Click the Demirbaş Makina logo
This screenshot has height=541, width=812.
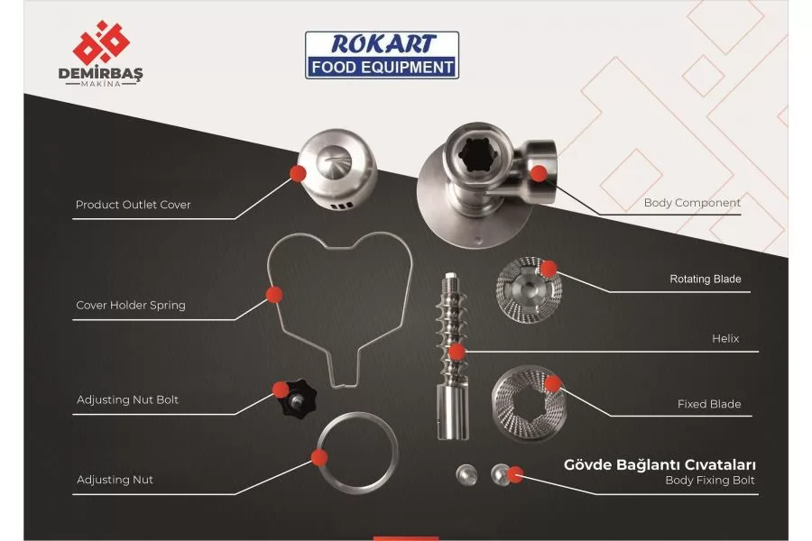[100, 53]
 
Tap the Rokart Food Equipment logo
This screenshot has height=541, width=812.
[382, 55]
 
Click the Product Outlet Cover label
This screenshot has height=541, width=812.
[134, 205]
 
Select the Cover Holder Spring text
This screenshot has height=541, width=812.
[131, 305]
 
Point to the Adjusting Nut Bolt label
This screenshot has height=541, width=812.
[127, 399]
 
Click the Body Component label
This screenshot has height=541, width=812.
[692, 203]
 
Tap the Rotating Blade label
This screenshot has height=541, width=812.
[706, 279]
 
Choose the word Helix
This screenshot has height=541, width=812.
[725, 339]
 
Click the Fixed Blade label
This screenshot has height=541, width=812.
[709, 404]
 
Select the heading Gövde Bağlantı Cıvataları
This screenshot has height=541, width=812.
[660, 464]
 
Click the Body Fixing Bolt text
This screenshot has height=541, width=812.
[709, 480]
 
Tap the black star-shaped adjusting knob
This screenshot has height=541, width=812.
[295, 399]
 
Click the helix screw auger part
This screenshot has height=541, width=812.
[453, 356]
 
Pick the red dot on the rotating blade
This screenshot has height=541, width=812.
[549, 269]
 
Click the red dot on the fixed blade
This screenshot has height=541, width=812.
[552, 383]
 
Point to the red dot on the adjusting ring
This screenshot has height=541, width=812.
[319, 457]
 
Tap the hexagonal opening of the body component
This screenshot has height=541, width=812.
[475, 153]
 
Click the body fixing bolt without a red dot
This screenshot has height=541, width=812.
[466, 475]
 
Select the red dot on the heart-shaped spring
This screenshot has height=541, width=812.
[274, 295]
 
